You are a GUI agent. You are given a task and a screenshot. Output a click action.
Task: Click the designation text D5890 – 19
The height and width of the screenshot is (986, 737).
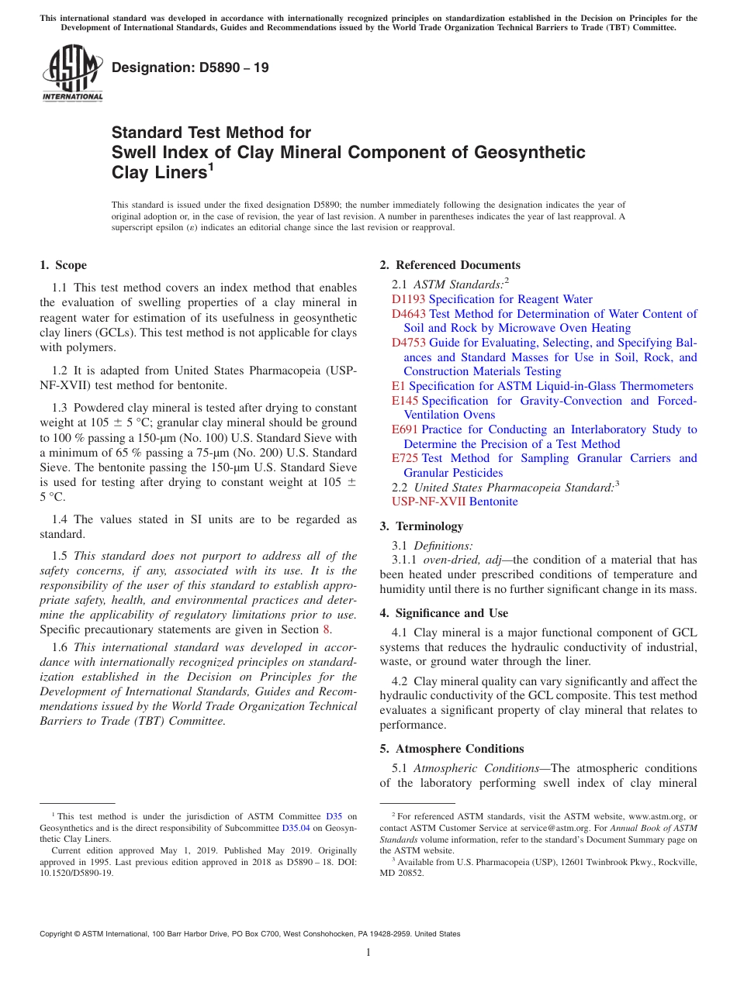[190, 67]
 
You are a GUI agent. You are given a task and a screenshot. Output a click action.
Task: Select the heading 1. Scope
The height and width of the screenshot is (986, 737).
[63, 265]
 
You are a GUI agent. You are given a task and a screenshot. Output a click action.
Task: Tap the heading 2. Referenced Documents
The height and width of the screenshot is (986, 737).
[450, 265]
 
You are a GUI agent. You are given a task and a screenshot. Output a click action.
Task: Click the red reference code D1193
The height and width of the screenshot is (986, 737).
[408, 299]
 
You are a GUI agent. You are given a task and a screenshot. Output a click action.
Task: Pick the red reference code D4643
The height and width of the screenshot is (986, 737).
[408, 314]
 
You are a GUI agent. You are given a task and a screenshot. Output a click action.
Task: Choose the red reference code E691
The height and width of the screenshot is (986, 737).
[404, 429]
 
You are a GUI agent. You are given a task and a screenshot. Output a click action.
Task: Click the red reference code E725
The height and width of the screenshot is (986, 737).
[405, 458]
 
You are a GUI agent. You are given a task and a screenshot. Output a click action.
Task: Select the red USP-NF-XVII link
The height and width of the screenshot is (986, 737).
[428, 502]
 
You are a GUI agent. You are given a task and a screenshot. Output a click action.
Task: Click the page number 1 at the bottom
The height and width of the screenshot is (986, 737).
[368, 953]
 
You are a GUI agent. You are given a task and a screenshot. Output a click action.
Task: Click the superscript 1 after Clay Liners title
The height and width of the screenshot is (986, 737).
[210, 167]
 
